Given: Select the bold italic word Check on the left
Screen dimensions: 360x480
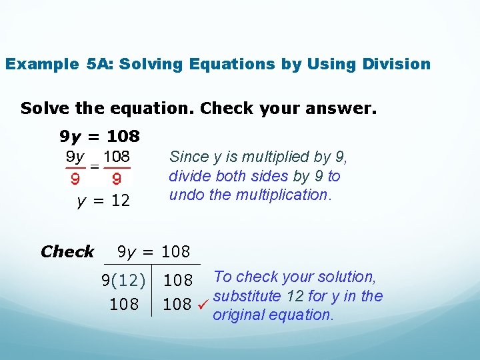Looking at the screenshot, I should [67, 251].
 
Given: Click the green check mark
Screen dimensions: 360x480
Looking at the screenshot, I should [203, 305].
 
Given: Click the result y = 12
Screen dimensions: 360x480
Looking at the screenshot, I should [103, 200].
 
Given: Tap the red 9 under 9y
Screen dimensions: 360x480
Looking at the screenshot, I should [75, 179].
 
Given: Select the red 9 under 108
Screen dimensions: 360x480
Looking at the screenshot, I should [116, 179].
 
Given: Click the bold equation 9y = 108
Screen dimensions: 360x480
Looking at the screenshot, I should [100, 137].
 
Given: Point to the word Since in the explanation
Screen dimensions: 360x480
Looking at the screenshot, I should [189, 157].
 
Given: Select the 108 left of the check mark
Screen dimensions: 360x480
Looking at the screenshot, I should [177, 305].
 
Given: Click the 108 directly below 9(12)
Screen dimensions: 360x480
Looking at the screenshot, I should [124, 305].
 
